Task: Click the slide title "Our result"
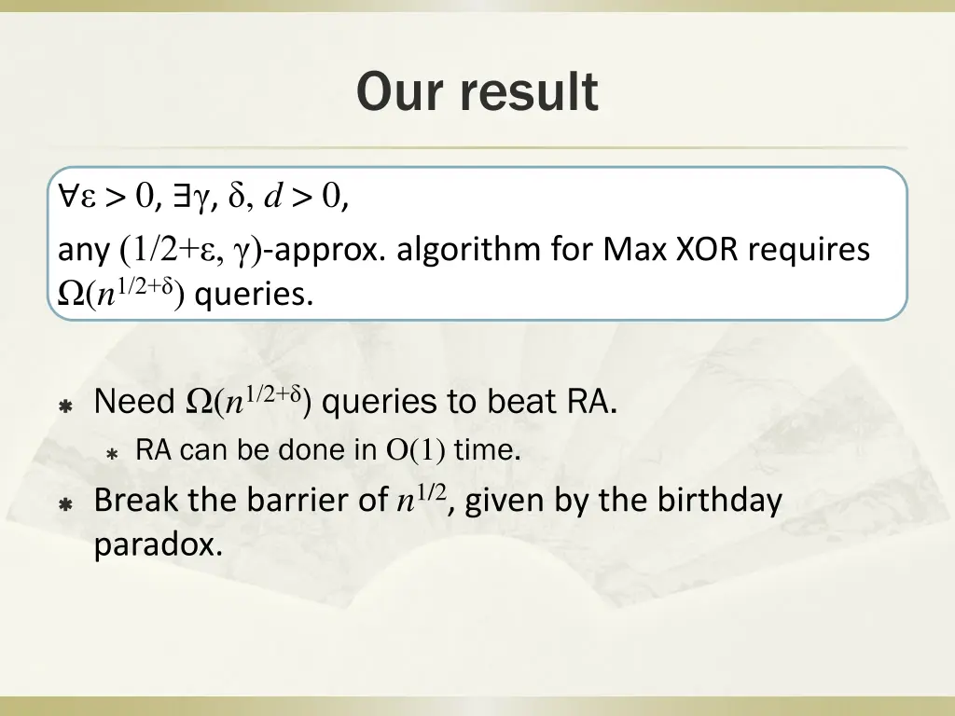click(x=477, y=92)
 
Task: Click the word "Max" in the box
click(x=630, y=250)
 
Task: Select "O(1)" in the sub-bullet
click(x=416, y=451)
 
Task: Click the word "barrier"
click(x=303, y=501)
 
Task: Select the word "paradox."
click(x=159, y=544)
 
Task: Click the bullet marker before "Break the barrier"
click(x=66, y=503)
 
